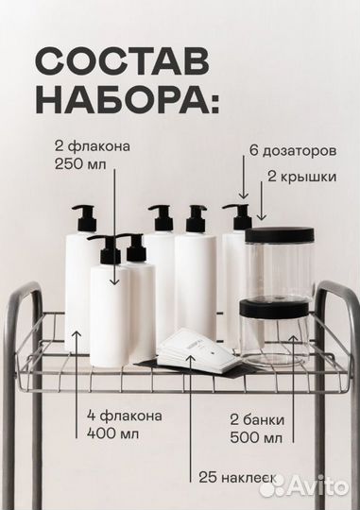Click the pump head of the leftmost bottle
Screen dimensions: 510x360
pyautogui.click(x=82, y=215)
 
